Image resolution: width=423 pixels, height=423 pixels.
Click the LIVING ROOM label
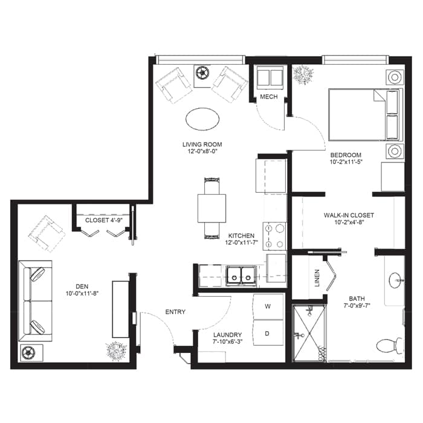pyautogui.click(x=202, y=144)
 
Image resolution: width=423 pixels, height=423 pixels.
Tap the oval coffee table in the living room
pyautogui.click(x=202, y=118)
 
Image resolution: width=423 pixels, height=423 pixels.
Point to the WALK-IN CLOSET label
pyautogui.click(x=349, y=215)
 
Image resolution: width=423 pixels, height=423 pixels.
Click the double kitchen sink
pyautogui.click(x=240, y=276)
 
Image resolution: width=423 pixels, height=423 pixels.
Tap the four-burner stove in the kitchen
pyautogui.click(x=276, y=236)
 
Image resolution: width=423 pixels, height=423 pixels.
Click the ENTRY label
pyautogui.click(x=175, y=312)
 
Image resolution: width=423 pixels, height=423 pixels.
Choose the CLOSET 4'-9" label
pyautogui.click(x=101, y=221)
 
